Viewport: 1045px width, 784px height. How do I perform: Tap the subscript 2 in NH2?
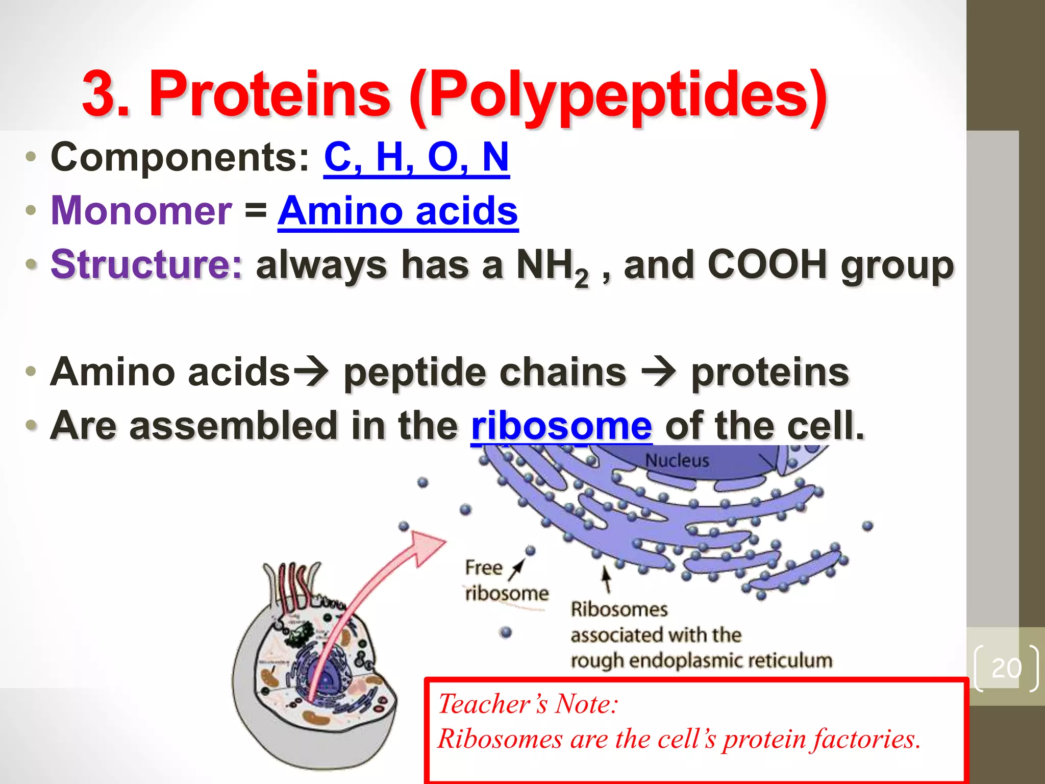click(581, 278)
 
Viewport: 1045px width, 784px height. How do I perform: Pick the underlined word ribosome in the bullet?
click(561, 426)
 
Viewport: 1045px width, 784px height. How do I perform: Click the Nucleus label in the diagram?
click(677, 460)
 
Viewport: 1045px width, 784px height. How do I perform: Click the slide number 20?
click(1006, 668)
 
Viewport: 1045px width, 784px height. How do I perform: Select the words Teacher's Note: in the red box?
click(528, 704)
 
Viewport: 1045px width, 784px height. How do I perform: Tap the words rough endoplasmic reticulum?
click(702, 660)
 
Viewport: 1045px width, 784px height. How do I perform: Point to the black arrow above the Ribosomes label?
click(606, 579)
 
